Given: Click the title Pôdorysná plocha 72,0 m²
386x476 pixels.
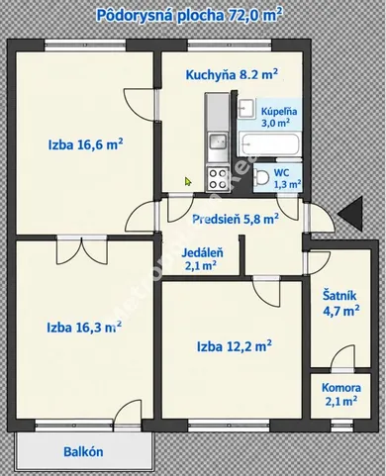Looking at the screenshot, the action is tap(189, 16).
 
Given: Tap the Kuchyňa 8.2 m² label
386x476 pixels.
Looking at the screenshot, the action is tap(232, 74).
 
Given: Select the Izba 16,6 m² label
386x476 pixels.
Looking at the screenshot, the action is tap(86, 144).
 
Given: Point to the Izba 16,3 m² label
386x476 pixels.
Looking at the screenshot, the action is tap(84, 328).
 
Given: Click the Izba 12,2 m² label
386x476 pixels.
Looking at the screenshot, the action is tap(235, 346).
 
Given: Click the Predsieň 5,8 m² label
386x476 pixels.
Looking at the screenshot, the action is tap(236, 219).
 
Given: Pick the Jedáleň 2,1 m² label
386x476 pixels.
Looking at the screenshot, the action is tap(202, 259).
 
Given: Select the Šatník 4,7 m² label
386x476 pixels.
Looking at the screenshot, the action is tap(340, 303).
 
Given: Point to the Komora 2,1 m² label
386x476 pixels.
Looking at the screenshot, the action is tap(341, 394).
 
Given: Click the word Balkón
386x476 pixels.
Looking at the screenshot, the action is tap(83, 451).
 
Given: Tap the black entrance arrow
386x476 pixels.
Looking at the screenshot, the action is tap(350, 213).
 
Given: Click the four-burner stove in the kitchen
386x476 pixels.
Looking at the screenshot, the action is tap(218, 179).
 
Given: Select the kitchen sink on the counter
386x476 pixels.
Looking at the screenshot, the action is tap(218, 143).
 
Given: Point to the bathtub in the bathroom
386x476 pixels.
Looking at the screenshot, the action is tap(269, 144).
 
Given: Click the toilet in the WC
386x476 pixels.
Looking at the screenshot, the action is tap(261, 178).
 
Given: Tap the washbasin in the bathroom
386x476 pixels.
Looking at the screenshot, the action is tap(246, 109).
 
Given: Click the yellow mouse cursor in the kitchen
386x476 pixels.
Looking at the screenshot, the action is tap(188, 181).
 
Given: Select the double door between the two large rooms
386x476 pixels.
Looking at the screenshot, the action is tap(82, 249).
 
